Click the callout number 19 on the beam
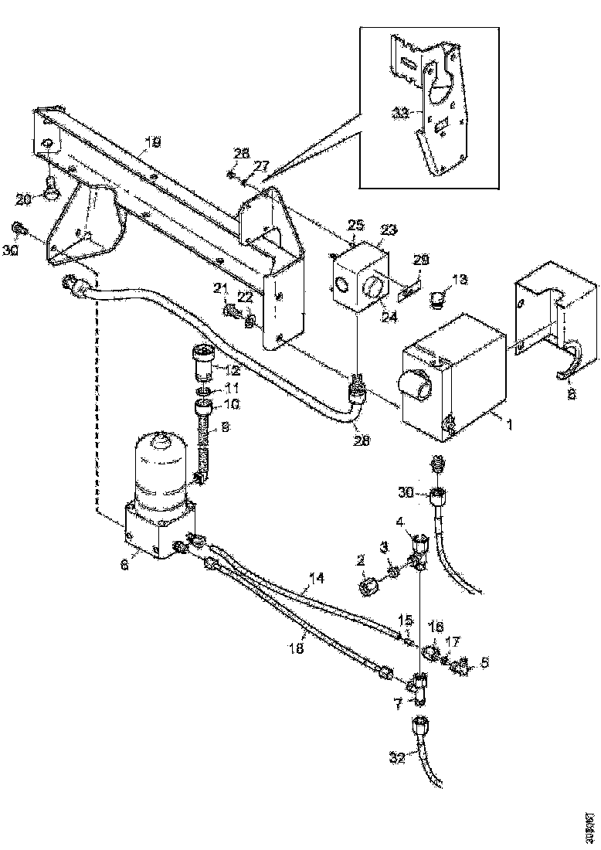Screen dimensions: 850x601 [x=154, y=141]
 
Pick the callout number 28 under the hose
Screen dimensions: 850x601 [x=362, y=440]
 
